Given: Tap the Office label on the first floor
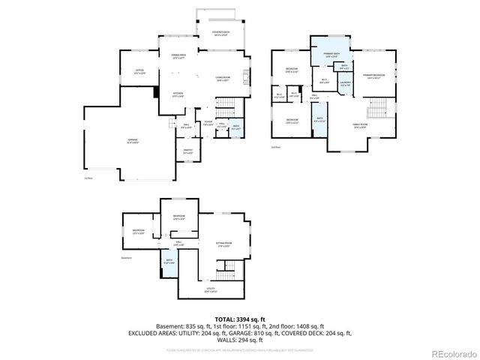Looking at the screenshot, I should coord(139,71).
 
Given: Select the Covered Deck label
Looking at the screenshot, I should coord(220,33).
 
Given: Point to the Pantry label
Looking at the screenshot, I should coord(188,151).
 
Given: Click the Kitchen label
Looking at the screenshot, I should coord(178,94).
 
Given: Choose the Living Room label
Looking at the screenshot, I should coord(223,77).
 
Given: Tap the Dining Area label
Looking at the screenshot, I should coord(178,56).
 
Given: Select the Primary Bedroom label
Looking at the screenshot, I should coord(373,76).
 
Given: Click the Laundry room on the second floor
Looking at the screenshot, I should coord(345,85).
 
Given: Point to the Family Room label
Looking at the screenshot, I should coord(360,124).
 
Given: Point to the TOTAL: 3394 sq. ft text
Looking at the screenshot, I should coord(240,319).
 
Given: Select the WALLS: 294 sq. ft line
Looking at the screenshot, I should coord(240,339).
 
